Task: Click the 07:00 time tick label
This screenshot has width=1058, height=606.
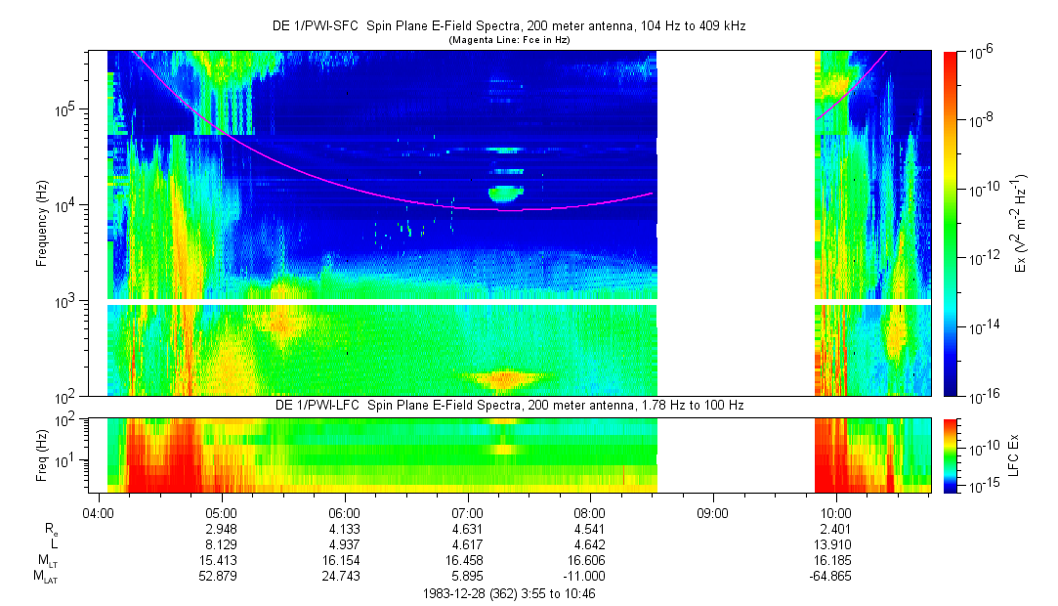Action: click(x=468, y=512)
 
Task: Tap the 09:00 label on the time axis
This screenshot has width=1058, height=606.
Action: click(x=713, y=512)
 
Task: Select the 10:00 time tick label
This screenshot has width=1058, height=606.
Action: click(x=835, y=512)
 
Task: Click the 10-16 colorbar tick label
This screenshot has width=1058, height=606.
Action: click(x=981, y=396)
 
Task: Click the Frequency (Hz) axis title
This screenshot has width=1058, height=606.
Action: click(x=42, y=223)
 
